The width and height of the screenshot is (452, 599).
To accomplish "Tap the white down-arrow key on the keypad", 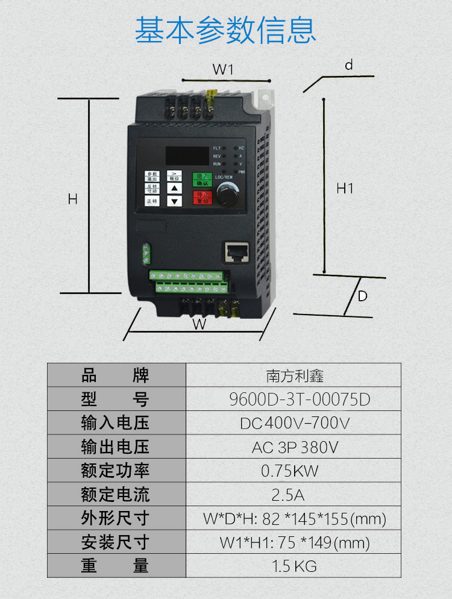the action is coord(174,201).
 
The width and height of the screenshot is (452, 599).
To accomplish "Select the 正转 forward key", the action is coord(152,201).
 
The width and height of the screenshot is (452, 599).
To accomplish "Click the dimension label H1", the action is coord(345,189).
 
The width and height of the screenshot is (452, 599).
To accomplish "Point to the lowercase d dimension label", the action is coord(348,65).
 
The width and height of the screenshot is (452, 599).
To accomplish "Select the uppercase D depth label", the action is coord(362,296).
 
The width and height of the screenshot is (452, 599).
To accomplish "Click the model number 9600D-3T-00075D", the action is coord(300,400).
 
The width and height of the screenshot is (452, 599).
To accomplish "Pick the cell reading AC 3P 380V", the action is coord(295,447).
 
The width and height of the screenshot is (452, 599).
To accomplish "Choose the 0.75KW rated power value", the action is coord(290,471).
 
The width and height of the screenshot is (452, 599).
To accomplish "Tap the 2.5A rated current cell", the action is coord(288,495).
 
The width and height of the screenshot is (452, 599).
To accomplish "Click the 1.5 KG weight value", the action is coord(293,566).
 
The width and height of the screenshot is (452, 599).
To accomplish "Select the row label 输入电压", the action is coord(115,423).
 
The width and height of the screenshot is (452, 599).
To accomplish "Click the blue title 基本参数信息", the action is coord(225,30).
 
